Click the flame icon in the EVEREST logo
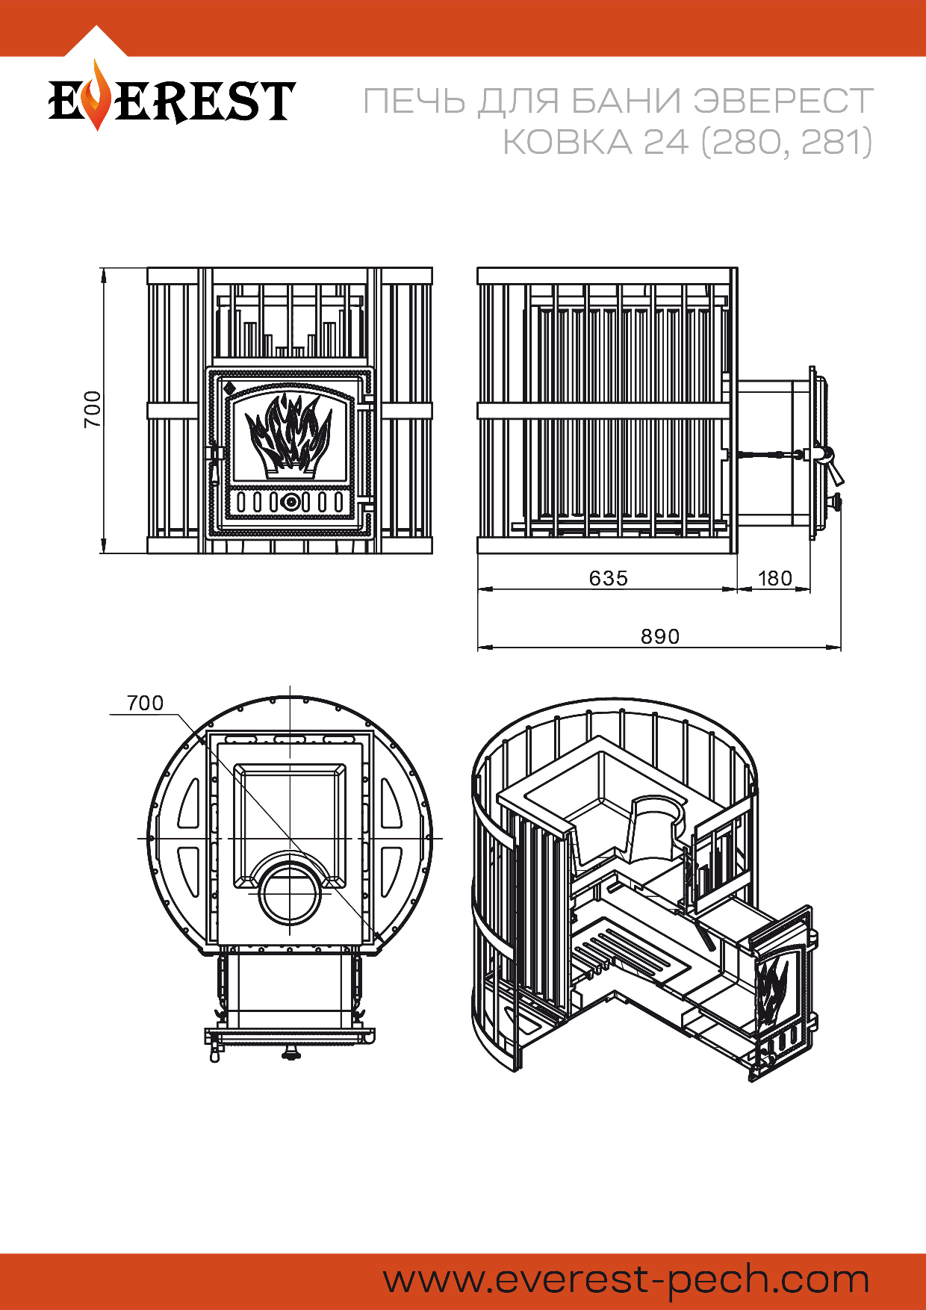coord(96,98)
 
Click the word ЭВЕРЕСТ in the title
coord(783,102)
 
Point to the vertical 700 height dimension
coord(92,409)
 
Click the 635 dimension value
coord(609,578)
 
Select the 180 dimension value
coord(774,578)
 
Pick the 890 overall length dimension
coord(660,636)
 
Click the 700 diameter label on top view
coord(145,703)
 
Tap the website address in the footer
coord(626,1280)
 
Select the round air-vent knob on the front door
coord(290,502)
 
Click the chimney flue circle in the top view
coord(290,893)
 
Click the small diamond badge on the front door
coord(229,388)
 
